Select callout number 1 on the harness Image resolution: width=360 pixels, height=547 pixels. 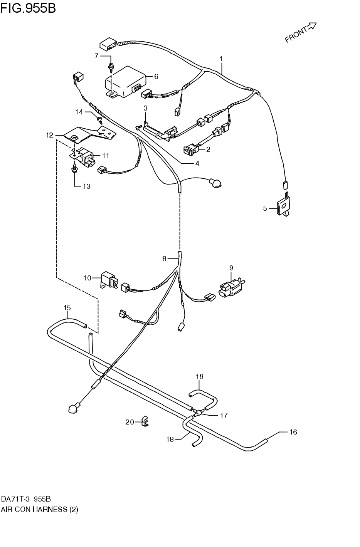tap(221, 59)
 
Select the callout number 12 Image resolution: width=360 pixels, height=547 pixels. tap(50, 135)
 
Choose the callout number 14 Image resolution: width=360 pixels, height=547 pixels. tap(79, 112)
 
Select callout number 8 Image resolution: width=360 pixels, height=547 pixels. tap(164, 259)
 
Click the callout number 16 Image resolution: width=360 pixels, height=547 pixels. tap(293, 432)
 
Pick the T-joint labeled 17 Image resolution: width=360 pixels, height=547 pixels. tap(198, 413)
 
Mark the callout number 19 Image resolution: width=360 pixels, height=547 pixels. tap(199, 376)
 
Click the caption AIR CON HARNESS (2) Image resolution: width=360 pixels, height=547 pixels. tap(39, 509)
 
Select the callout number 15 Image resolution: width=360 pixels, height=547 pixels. tap(67, 307)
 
